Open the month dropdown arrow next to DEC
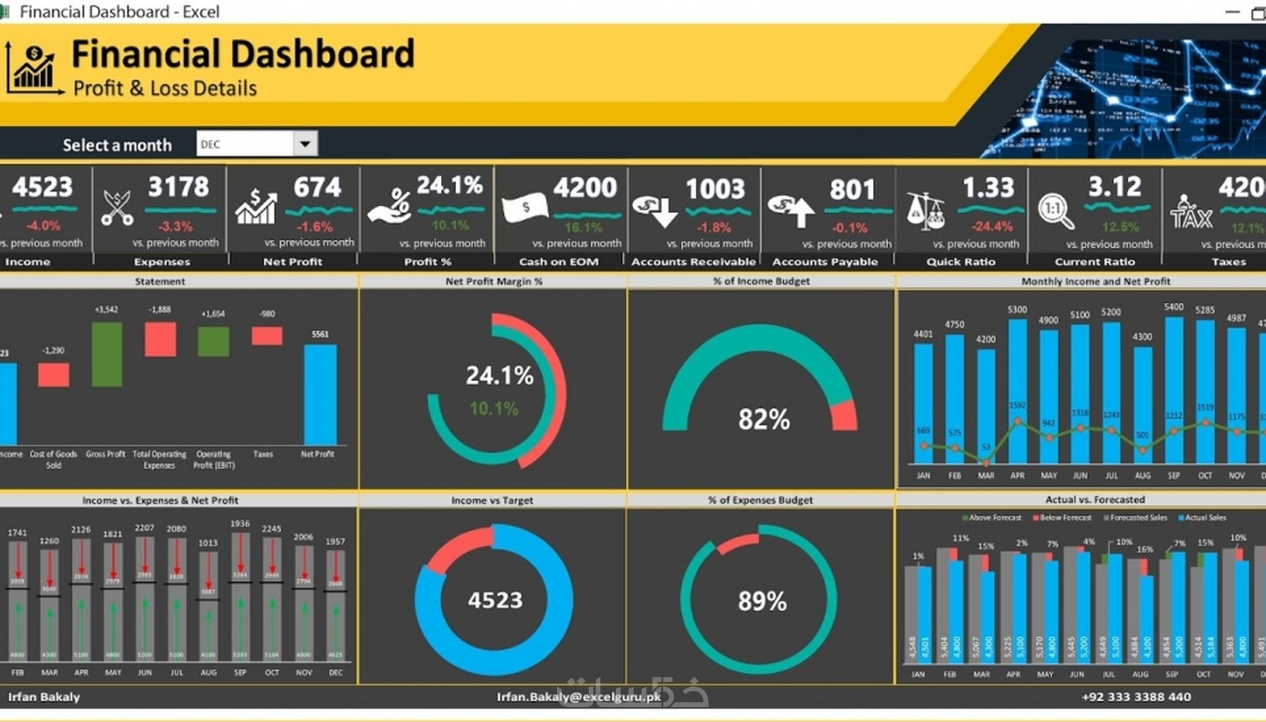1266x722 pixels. coord(305,144)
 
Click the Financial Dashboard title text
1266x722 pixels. coord(243,54)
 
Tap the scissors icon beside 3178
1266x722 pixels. coord(117,208)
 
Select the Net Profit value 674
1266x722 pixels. coord(317,187)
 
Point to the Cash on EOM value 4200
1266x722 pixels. coord(585,187)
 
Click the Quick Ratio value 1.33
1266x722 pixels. coord(988,187)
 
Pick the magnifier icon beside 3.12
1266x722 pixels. coord(1056,211)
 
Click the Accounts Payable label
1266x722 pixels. coord(824,262)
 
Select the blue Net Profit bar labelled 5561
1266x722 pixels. coord(320,394)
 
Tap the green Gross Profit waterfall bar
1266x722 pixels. coord(106,354)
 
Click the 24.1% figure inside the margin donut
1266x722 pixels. coord(499,376)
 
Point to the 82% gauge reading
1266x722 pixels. coord(763,419)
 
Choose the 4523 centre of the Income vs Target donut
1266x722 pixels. coord(494,600)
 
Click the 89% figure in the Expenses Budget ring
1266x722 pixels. coord(762,601)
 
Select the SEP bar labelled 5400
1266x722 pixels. coord(1174,387)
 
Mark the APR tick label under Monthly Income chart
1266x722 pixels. coord(1017,476)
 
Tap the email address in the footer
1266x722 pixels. coord(579,697)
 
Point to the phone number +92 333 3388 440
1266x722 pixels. coord(1136,697)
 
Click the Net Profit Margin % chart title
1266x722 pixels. coord(494,281)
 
